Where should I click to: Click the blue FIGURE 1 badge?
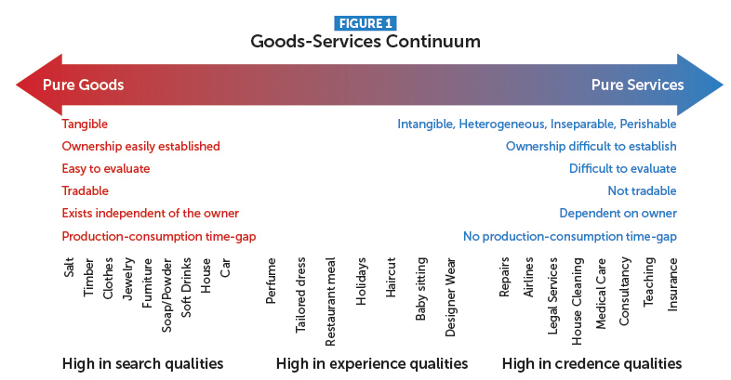click(x=365, y=23)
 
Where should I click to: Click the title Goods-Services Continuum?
click(x=365, y=42)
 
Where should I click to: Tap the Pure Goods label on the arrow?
click(x=84, y=85)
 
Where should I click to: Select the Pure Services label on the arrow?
click(x=637, y=85)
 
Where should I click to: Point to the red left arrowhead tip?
click(x=17, y=85)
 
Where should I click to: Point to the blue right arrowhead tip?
click(x=723, y=85)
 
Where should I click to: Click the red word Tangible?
click(x=85, y=124)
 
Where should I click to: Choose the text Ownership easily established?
click(x=140, y=146)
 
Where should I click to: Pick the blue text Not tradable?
click(x=642, y=190)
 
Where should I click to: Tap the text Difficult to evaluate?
click(x=623, y=168)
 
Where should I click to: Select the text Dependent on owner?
click(x=618, y=214)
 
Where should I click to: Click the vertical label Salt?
click(x=69, y=268)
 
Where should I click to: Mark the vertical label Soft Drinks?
click(x=186, y=287)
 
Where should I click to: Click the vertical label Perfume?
click(x=271, y=281)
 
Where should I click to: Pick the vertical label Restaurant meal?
click(x=330, y=302)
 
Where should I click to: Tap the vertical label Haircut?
click(x=391, y=278)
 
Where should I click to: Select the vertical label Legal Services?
click(x=552, y=296)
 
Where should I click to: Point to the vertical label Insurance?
click(x=672, y=284)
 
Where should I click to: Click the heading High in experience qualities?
click(x=372, y=363)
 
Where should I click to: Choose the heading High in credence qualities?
click(x=591, y=363)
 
